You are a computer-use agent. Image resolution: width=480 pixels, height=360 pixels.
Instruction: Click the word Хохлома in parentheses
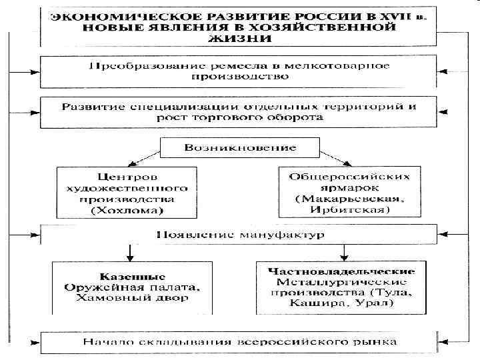pyautogui.click(x=124, y=211)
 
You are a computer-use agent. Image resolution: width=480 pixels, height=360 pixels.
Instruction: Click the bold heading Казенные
pyautogui.click(x=123, y=275)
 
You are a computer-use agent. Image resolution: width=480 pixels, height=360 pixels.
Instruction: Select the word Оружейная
pyautogui.click(x=99, y=287)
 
